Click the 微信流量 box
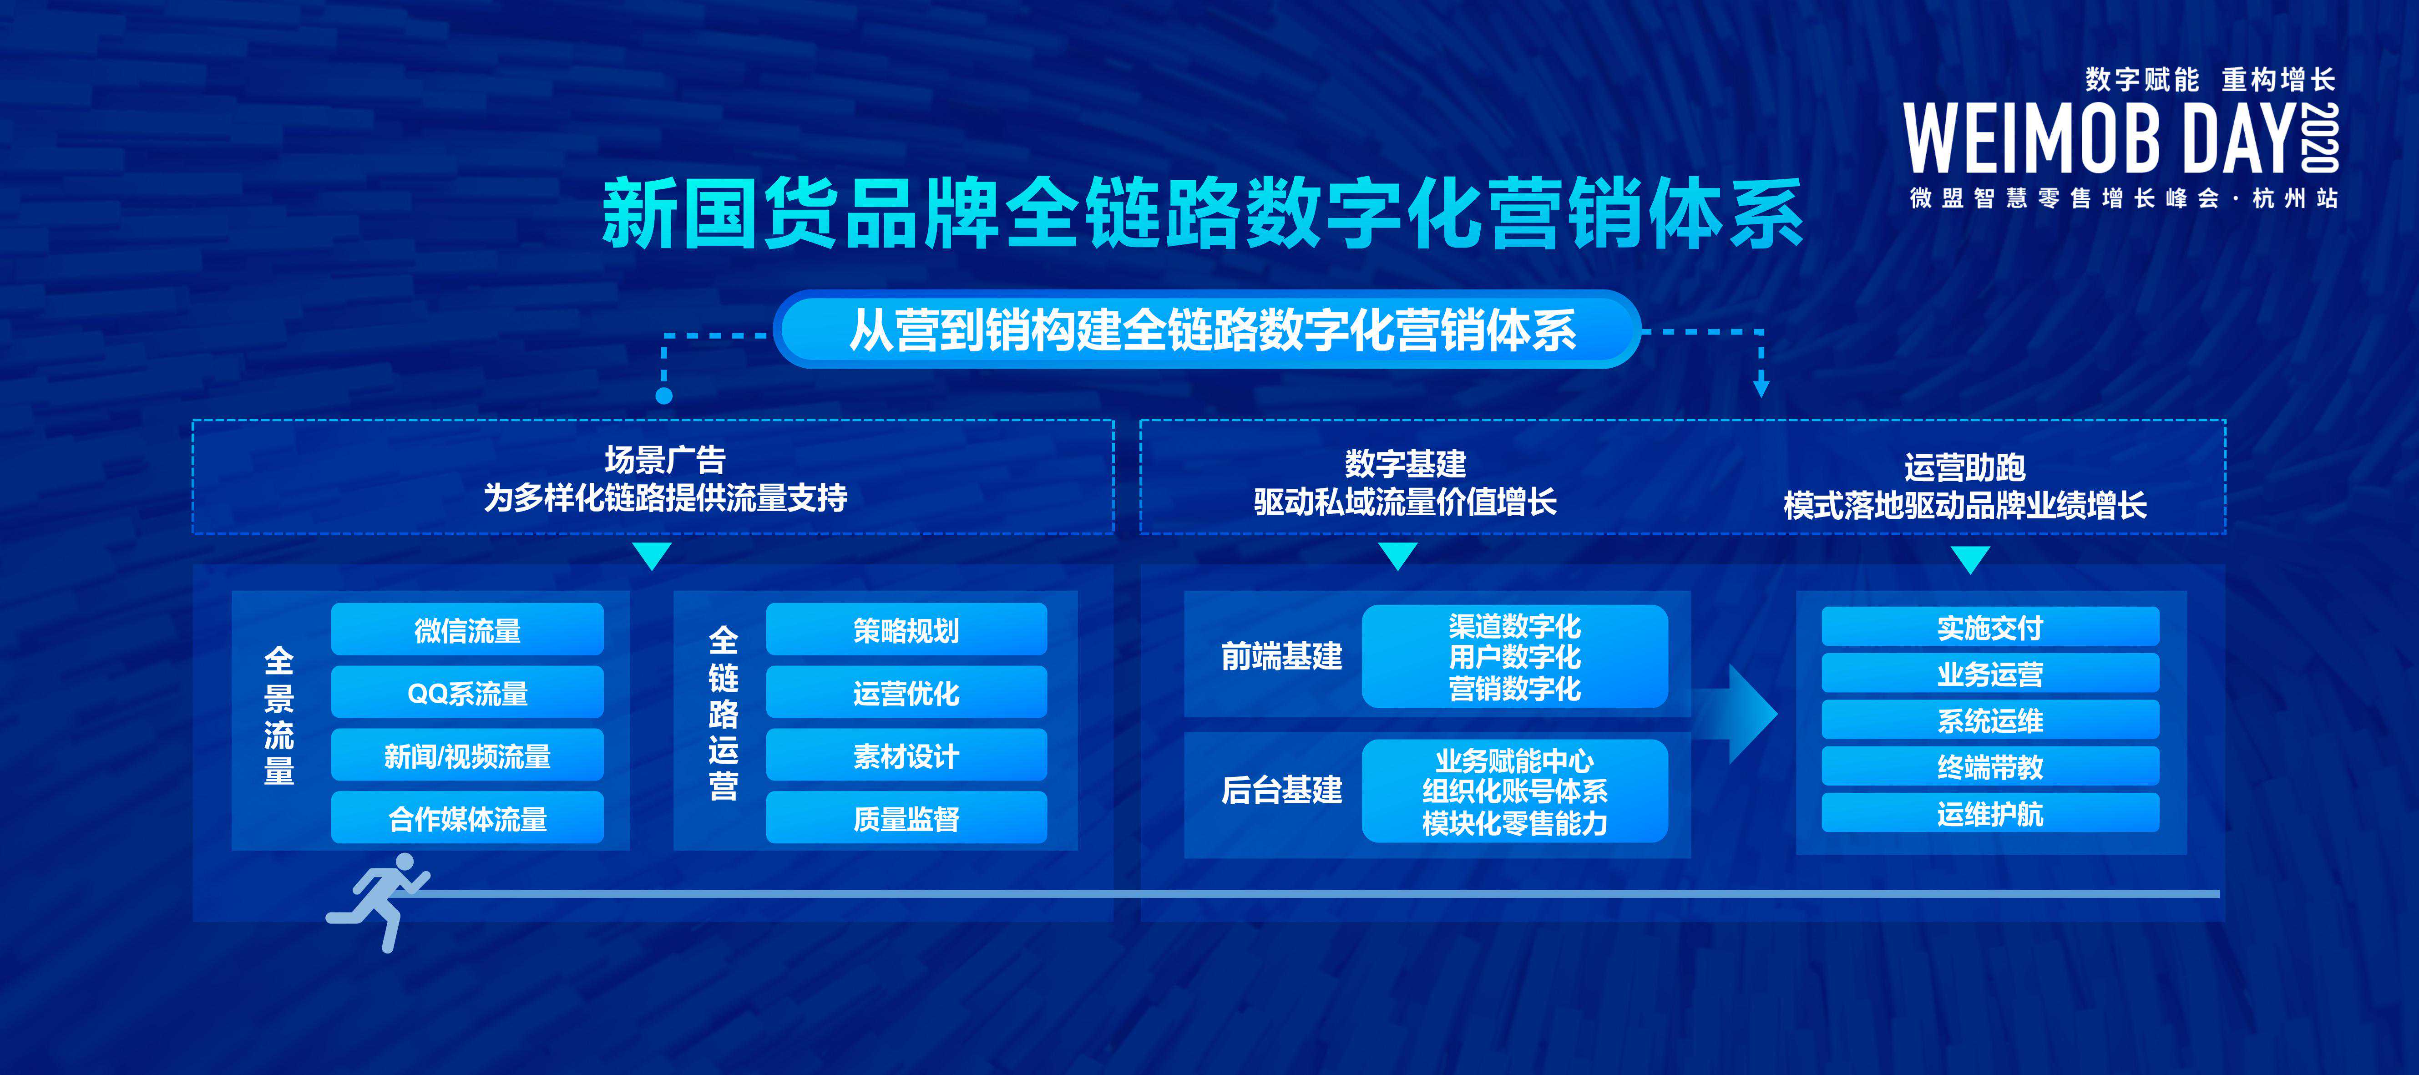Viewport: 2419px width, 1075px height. click(x=467, y=629)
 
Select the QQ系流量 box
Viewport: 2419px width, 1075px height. click(x=467, y=692)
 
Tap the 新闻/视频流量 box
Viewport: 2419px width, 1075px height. click(x=467, y=755)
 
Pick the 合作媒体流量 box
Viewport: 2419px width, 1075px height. click(x=467, y=818)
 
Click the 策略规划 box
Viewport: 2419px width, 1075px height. click(x=906, y=629)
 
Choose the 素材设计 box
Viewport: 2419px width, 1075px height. click(x=906, y=755)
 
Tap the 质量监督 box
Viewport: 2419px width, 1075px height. click(x=906, y=818)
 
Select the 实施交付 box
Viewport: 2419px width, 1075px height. click(x=1990, y=626)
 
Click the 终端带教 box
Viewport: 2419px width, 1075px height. click(x=1990, y=766)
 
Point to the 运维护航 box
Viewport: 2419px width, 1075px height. click(x=1990, y=813)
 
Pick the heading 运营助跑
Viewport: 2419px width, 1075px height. click(x=1964, y=467)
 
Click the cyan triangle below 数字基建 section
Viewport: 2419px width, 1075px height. click(x=1398, y=556)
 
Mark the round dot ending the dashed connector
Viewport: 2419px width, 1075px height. click(x=664, y=395)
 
